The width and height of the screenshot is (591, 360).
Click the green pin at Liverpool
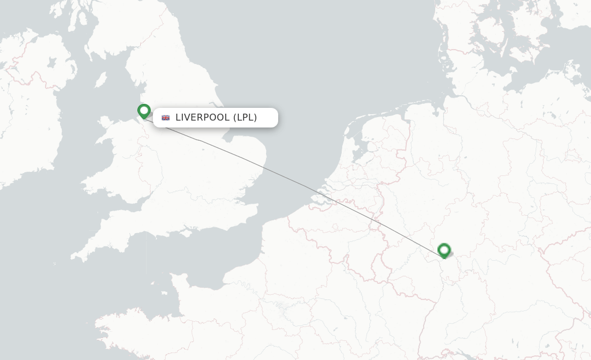pos(144,110)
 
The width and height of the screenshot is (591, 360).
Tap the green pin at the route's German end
pos(444,250)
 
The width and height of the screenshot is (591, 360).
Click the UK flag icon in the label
pos(166,118)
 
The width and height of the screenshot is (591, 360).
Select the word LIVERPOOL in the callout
pos(202,118)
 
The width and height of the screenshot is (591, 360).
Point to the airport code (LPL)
pos(245,118)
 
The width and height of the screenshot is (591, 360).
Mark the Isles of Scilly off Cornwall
pos(55,264)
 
